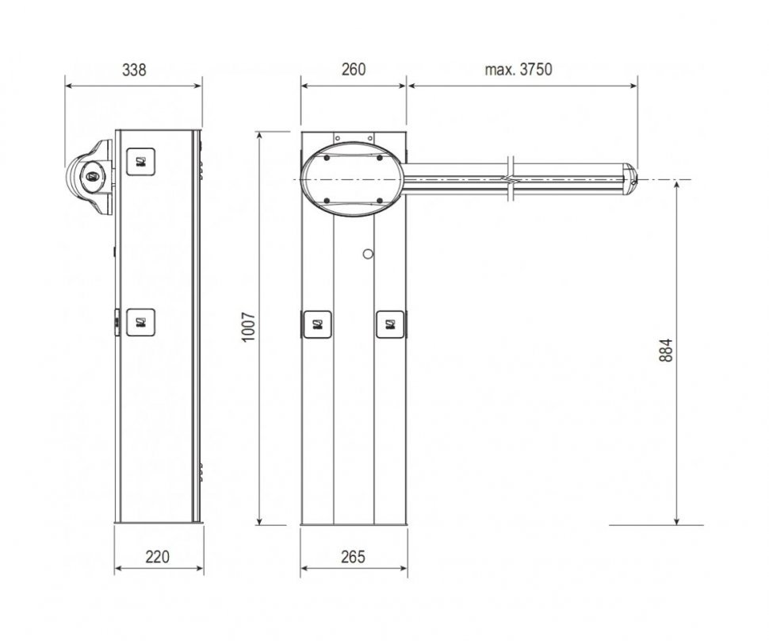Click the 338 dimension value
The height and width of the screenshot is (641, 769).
(x=134, y=70)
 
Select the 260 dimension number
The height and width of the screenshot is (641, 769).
(x=353, y=70)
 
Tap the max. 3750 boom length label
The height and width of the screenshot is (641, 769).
(x=518, y=70)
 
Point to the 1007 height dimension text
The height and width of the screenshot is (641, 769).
(x=249, y=327)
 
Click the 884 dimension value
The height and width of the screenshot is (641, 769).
(x=665, y=351)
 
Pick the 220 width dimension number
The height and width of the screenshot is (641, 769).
(x=157, y=557)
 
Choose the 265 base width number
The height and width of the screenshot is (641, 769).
(x=353, y=557)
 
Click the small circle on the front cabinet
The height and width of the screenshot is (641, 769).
(x=368, y=254)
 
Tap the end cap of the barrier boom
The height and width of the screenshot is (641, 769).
(x=630, y=179)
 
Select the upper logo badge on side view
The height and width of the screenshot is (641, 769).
(x=141, y=162)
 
